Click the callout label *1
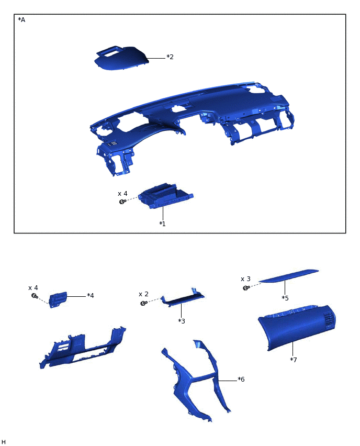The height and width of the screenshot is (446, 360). (162, 224)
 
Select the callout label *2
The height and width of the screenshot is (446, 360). (170, 57)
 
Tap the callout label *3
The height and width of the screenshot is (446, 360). (182, 321)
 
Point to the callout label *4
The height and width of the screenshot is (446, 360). (91, 296)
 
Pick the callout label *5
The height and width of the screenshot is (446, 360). (285, 298)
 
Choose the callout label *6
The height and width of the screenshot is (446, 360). (241, 379)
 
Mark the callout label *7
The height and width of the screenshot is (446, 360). (294, 360)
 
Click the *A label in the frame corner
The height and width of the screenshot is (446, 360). (21, 20)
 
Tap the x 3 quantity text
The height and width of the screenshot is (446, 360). (245, 279)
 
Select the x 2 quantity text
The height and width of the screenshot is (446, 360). (143, 294)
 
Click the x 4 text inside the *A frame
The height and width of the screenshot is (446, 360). (122, 193)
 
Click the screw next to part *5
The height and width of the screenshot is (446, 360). (245, 288)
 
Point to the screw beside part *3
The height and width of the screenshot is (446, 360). (143, 303)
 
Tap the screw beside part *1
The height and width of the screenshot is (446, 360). (122, 202)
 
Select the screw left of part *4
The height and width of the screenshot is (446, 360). (34, 296)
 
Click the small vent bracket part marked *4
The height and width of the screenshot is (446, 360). (58, 299)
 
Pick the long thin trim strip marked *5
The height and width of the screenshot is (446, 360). (289, 275)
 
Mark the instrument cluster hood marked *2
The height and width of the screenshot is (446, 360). (120, 58)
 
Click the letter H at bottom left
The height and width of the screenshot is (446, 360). (4, 442)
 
